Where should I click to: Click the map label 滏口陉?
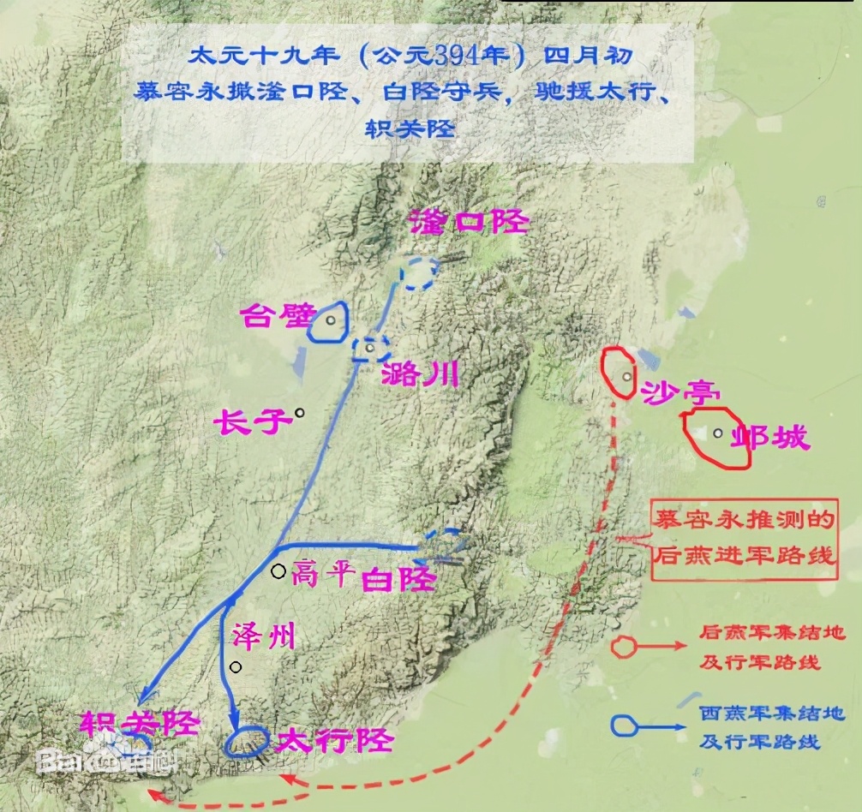[470, 222]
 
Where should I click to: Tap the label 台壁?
[267, 316]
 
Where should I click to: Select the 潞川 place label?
[419, 373]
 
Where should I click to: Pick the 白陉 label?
[399, 580]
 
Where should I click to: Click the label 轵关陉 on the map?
[141, 724]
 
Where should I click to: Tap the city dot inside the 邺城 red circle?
[717, 433]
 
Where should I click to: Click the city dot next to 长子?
[300, 413]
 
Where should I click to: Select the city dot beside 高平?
[278, 571]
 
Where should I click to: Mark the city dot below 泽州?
[236, 667]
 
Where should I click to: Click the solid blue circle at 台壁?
[328, 321]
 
